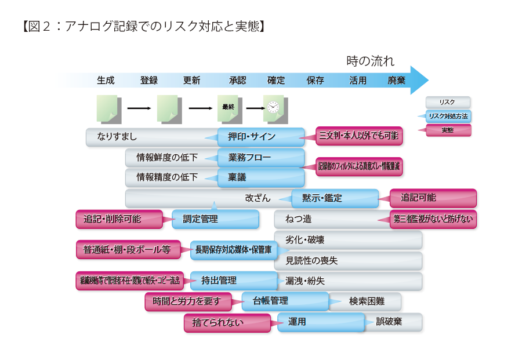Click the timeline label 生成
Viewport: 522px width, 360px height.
pyautogui.click(x=106, y=81)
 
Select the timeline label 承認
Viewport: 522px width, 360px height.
pyautogui.click(x=237, y=81)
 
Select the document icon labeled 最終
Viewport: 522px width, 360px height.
pyautogui.click(x=228, y=107)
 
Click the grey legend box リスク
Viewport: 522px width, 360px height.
pyautogui.click(x=448, y=102)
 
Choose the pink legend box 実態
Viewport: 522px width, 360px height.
pyautogui.click(x=448, y=130)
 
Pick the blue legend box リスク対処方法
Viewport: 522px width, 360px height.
pyautogui.click(x=448, y=116)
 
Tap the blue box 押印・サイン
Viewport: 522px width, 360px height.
pyautogui.click(x=261, y=137)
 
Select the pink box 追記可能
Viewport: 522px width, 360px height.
pyautogui.click(x=433, y=198)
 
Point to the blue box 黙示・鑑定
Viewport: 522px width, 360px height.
pyautogui.click(x=335, y=198)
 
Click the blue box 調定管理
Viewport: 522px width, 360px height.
pyautogui.click(x=216, y=219)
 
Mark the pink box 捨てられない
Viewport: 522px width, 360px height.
pyautogui.click(x=227, y=323)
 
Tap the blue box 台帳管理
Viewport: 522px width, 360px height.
pyautogui.click(x=285, y=301)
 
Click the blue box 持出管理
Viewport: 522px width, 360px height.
pyautogui.click(x=233, y=281)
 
